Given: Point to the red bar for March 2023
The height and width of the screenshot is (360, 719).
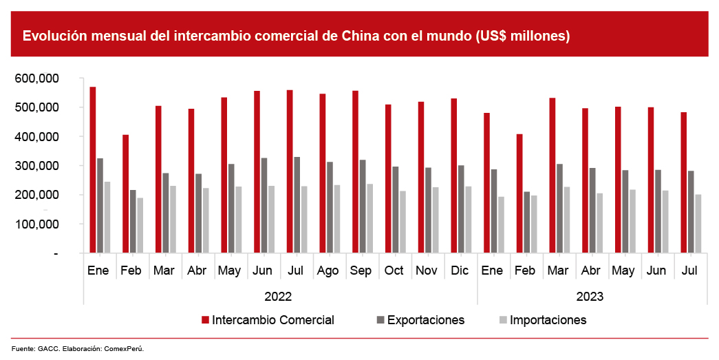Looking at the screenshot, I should (x=552, y=176).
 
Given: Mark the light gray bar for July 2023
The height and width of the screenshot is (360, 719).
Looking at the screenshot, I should (x=698, y=224).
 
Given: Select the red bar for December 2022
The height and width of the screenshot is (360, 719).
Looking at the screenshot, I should (x=454, y=176).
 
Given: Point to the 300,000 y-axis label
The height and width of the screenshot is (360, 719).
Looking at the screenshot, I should (x=46, y=166).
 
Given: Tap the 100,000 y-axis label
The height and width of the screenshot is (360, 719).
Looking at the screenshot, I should (x=46, y=224).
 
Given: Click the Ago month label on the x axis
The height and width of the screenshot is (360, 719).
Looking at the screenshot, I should (x=328, y=271).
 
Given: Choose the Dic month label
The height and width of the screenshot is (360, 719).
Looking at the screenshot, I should (x=459, y=271).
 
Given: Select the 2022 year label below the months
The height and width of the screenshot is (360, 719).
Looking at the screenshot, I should (x=278, y=297).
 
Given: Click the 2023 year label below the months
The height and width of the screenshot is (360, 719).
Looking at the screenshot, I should (x=590, y=297).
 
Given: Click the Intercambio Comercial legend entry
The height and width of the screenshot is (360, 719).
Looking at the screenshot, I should (x=272, y=320).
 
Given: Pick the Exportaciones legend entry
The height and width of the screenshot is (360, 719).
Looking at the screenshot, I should (x=425, y=320).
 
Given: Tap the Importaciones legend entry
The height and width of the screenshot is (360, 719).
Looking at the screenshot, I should (x=548, y=320).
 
